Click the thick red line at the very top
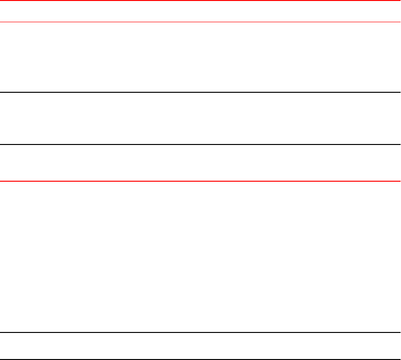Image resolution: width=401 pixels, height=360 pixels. tap(200, 0)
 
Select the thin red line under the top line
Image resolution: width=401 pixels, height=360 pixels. tap(200, 22)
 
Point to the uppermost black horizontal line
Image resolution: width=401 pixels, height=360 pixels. tap(200, 92)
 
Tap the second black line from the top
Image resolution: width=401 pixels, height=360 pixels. tap(200, 144)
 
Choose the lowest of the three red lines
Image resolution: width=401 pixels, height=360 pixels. tap(200, 181)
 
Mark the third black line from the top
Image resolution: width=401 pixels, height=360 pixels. tap(200, 332)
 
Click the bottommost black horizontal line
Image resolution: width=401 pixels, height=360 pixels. tap(200, 359)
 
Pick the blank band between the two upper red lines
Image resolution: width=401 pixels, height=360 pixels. tap(200, 11)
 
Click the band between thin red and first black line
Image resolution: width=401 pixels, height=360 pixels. tap(200, 57)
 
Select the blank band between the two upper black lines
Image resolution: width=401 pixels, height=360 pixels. tap(200, 118)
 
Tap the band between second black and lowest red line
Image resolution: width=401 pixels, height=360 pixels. tap(200, 163)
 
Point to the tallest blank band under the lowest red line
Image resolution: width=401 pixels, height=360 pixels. tap(200, 257)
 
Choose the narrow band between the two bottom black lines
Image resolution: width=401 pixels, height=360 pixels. tap(200, 346)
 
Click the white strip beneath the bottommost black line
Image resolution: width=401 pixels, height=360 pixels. tap(200, 360)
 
